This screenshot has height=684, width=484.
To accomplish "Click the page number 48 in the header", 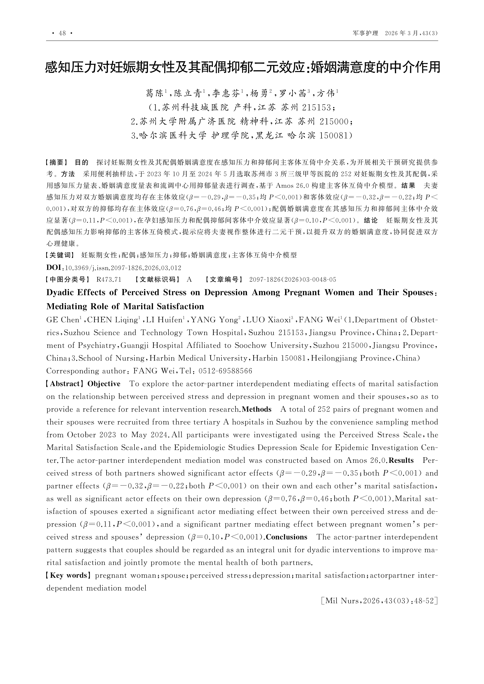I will (62, 33).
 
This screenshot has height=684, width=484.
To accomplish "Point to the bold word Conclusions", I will (286, 537).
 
